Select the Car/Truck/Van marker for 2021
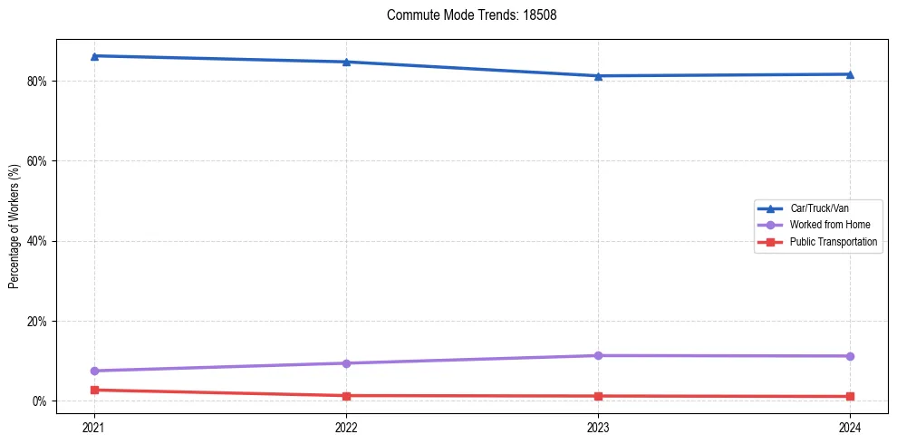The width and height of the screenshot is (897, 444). tap(94, 56)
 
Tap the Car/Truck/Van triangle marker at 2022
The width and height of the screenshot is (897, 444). tap(346, 62)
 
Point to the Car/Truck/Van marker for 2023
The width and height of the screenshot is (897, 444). tap(598, 76)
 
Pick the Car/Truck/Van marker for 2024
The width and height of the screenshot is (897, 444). tap(850, 74)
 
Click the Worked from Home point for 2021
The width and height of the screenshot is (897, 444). tap(94, 371)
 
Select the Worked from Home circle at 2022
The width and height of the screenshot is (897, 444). tap(346, 363)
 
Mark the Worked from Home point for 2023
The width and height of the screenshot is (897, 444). tap(598, 355)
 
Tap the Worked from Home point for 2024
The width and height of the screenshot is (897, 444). tap(850, 356)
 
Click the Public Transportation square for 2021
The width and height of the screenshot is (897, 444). tap(94, 390)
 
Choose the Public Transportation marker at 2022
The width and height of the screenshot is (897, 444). tap(346, 396)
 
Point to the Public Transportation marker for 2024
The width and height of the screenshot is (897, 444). tap(850, 396)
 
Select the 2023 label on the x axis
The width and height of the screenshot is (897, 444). tap(598, 427)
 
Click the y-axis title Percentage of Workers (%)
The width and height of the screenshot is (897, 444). tap(14, 226)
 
